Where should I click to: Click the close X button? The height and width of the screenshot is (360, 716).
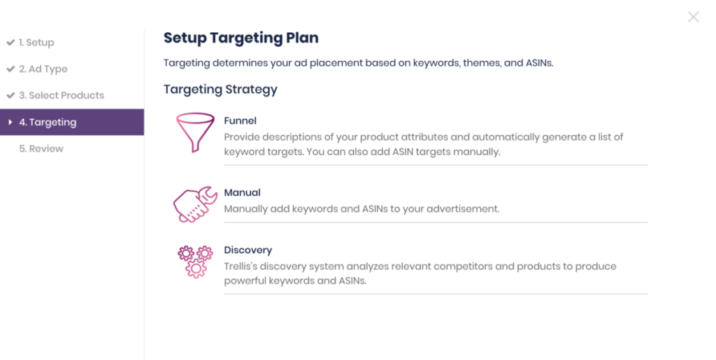point(693,17)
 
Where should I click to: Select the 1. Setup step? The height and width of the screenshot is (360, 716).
point(36,43)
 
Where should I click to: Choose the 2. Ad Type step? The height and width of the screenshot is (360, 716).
point(43,69)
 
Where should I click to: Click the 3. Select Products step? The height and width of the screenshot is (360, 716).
point(62,95)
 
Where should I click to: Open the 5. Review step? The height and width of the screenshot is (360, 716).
point(41,149)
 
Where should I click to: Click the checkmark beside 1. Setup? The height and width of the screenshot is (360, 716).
point(10,43)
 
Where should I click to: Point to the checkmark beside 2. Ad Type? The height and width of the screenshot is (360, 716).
point(10,69)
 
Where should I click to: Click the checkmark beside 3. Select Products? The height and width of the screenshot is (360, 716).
point(10,95)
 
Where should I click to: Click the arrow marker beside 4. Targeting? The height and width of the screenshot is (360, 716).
point(10,122)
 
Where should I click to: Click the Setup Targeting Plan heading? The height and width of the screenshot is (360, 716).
point(241,38)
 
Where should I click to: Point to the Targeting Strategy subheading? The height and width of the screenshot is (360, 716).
point(220,89)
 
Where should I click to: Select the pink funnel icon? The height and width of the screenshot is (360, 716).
point(195,132)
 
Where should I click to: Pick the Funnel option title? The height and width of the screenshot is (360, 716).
point(241,120)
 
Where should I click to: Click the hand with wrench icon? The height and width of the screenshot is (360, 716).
point(195,204)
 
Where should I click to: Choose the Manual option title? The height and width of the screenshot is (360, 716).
point(242,192)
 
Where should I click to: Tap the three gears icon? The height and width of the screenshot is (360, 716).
point(196,261)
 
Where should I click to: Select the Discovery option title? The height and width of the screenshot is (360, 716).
point(248,250)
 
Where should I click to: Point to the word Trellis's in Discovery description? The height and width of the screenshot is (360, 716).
point(241,266)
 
